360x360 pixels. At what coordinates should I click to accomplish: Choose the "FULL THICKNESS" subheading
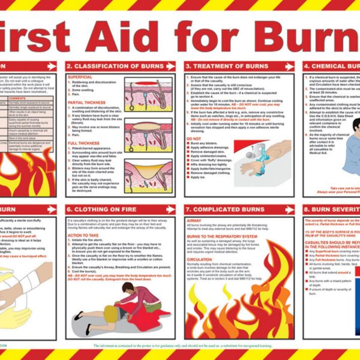82,143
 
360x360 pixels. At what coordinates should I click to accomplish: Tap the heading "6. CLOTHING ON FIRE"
97,209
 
